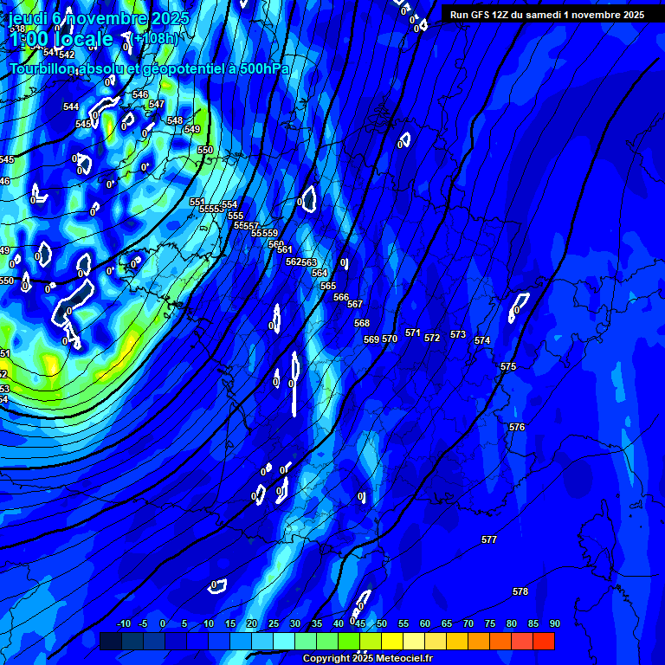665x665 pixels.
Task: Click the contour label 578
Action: (520, 591)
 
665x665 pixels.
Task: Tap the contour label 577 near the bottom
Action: (489, 539)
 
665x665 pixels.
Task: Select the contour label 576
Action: (517, 427)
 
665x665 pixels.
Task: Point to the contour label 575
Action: (508, 367)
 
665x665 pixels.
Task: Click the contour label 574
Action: (482, 340)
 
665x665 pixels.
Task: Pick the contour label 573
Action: (458, 334)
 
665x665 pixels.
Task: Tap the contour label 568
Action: (362, 323)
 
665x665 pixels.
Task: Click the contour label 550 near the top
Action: (204, 150)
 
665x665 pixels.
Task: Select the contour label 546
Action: (140, 94)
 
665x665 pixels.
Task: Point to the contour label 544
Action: (71, 107)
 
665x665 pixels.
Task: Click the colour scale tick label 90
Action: (554, 623)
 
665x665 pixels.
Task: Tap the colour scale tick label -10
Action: (123, 623)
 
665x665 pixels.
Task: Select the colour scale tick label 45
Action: (359, 623)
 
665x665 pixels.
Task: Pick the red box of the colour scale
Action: (543, 641)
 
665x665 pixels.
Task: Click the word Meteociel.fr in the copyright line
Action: (402, 658)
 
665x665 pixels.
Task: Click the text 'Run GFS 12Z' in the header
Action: (477, 15)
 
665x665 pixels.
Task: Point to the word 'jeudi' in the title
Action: (29, 18)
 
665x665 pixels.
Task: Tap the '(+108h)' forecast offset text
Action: (156, 38)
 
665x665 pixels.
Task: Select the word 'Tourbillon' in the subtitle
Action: (42, 68)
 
